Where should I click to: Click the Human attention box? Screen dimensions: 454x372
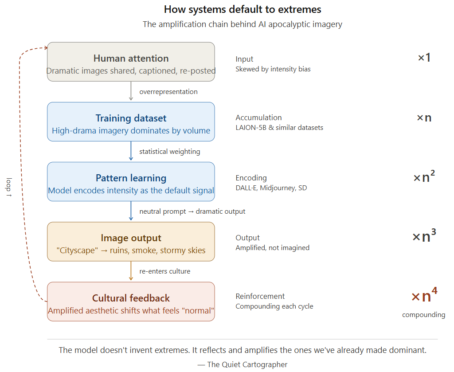131,62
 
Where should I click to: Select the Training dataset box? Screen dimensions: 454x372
131,121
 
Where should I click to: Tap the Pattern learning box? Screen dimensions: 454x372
131,181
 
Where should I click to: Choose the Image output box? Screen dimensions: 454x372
131,242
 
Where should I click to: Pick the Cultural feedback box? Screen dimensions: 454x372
131,302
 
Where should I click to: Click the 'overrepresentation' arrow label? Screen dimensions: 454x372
168,92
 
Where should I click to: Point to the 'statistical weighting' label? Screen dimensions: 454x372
170,152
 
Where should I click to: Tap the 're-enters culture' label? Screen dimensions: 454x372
165,271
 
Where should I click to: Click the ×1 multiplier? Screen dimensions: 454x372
424,57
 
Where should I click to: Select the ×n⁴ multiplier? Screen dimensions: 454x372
424,295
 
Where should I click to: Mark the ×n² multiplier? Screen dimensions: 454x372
424,176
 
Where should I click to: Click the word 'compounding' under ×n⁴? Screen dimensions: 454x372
423,315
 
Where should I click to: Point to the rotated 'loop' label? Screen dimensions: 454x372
9,187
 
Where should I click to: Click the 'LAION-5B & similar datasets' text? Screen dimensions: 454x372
279,128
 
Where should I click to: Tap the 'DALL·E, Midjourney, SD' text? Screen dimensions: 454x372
271,188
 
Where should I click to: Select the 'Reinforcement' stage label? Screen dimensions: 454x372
260,296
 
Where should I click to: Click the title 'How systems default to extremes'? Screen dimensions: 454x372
243,10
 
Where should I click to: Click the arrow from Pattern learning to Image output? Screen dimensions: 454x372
131,211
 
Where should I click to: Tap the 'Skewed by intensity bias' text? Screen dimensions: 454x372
273,69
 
